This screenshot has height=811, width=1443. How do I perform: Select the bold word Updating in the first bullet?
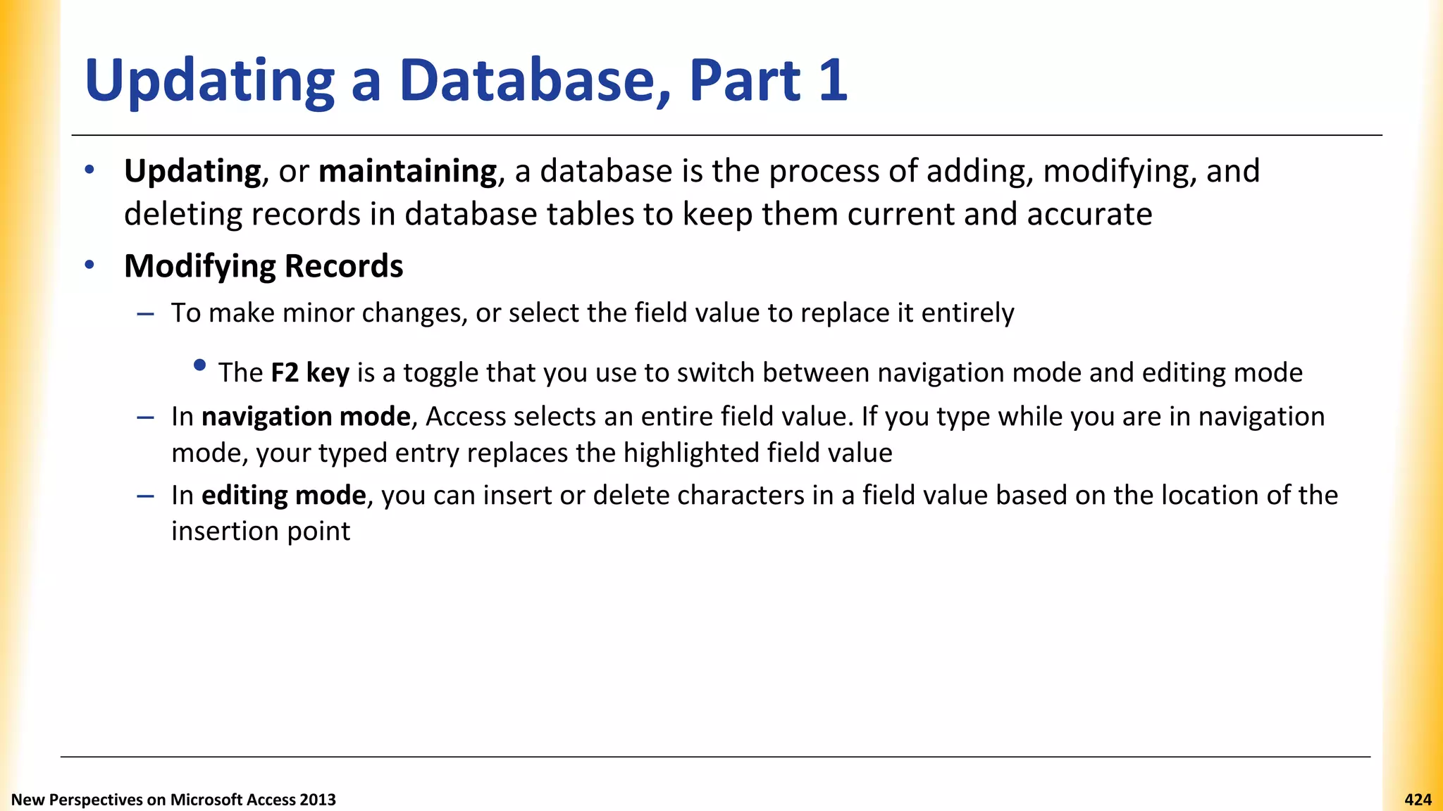point(192,172)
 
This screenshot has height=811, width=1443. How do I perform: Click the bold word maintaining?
point(408,172)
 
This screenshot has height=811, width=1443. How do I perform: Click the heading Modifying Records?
point(264,266)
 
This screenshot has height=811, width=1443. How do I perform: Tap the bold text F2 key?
point(310,372)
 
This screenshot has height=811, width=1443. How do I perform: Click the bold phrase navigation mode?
point(306,417)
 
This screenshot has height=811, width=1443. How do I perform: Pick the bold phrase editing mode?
point(283,496)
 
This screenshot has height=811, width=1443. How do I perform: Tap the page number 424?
point(1418,800)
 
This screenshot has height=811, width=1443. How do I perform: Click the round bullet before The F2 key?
point(200,365)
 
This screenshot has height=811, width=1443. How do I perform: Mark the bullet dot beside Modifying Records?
point(89,265)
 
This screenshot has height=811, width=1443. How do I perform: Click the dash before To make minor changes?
point(146,313)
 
